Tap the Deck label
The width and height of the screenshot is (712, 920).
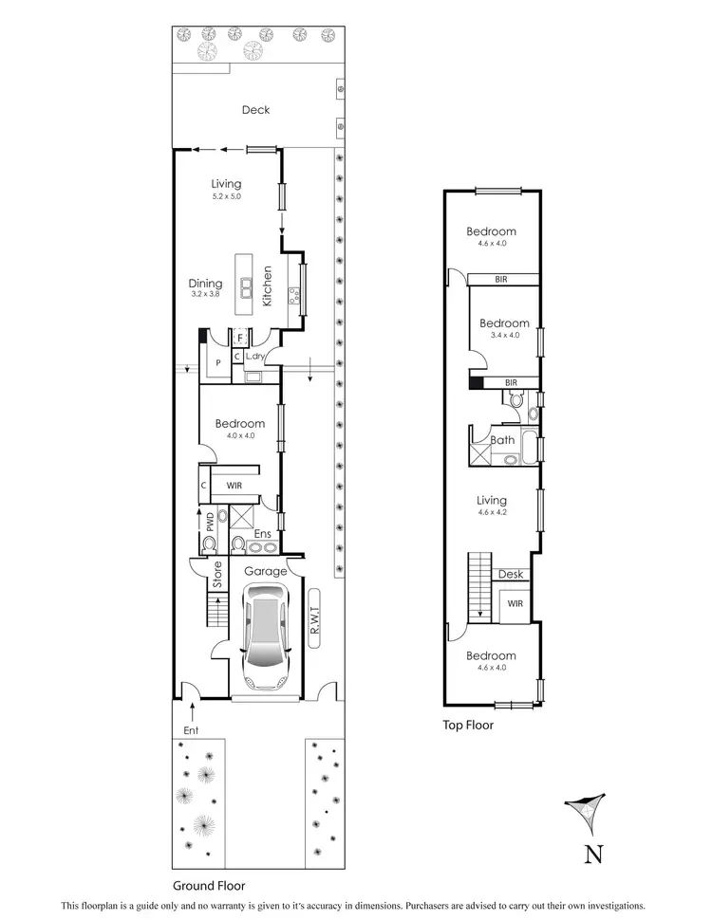(x=255, y=110)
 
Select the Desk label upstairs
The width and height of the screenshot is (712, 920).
(x=510, y=575)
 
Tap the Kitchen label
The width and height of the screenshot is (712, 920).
(x=268, y=285)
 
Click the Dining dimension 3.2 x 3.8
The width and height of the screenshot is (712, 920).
(x=205, y=295)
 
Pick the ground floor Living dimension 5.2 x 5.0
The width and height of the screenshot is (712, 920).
(x=226, y=196)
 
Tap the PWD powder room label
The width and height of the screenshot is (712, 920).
(x=209, y=522)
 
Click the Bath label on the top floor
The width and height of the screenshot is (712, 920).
(x=502, y=440)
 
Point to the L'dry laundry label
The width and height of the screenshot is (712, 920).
(x=254, y=357)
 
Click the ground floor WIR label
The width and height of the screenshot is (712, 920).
(x=234, y=486)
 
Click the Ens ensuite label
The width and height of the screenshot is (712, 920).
(x=262, y=534)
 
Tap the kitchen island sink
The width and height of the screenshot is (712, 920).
(x=246, y=287)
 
